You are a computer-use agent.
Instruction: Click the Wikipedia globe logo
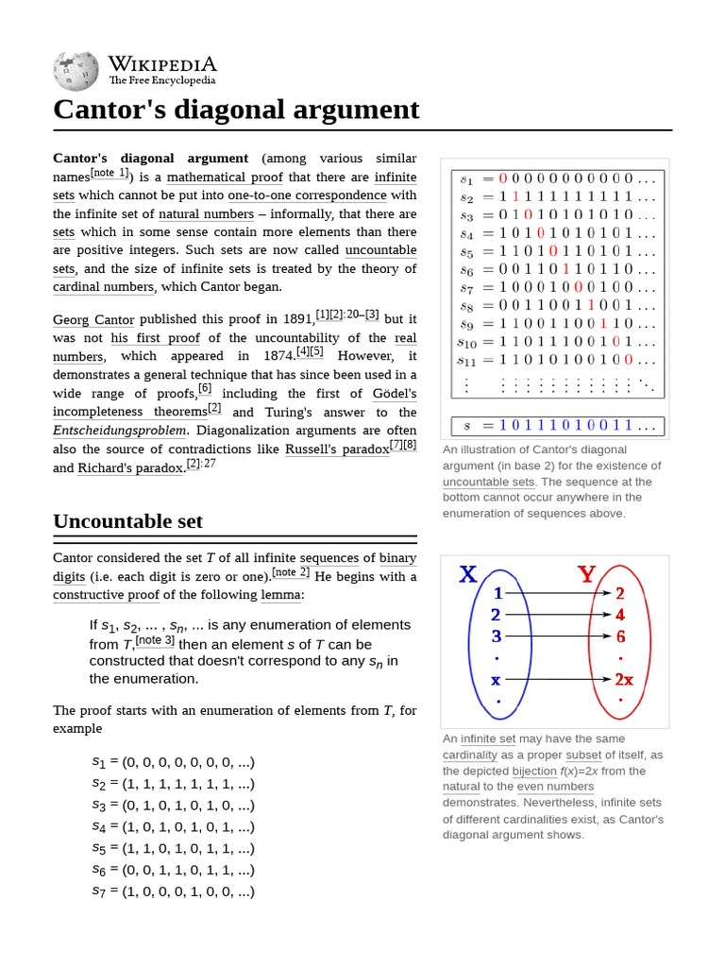pos(76,69)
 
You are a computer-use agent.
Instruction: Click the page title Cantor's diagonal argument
pos(236,110)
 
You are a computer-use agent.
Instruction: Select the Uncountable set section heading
pos(127,521)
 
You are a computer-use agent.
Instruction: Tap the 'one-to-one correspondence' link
pos(307,195)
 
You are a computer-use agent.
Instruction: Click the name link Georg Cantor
pos(93,320)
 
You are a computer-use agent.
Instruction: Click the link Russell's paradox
pos(337,450)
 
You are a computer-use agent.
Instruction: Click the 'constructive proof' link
pos(106,595)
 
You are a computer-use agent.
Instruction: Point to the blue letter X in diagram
pos(467,574)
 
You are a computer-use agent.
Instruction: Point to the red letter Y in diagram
pos(586,574)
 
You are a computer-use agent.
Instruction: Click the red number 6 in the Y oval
pos(620,636)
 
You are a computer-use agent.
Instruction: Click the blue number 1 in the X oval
pos(497,594)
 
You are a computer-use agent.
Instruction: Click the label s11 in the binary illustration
pos(468,360)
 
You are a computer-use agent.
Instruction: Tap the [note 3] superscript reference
pos(154,639)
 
